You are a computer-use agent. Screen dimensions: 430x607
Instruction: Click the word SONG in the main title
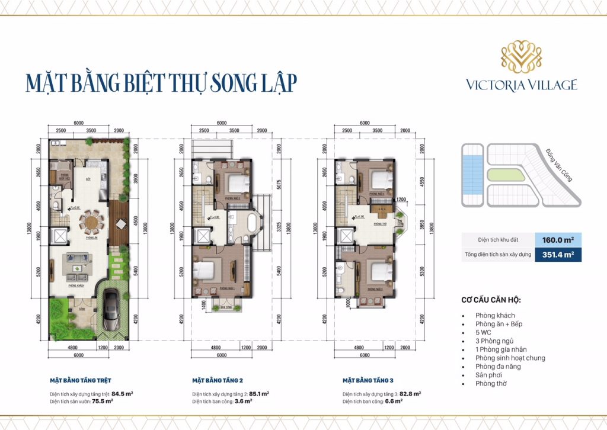point(222,82)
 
